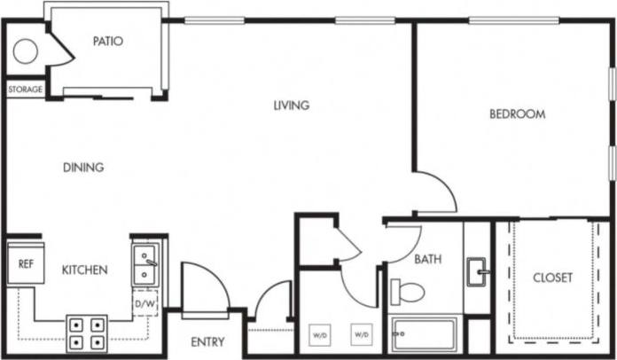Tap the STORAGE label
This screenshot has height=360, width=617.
click(25, 90)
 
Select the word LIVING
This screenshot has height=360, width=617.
click(291, 106)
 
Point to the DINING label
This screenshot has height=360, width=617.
click(83, 167)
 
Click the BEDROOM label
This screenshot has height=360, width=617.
click(517, 114)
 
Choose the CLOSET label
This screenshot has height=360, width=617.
click(552, 278)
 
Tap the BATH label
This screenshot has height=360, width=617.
click(428, 260)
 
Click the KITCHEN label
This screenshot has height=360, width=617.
click(85, 270)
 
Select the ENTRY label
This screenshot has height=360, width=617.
click(207, 342)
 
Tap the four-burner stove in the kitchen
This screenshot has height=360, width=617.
click(87, 333)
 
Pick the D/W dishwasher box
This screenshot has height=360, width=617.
click(144, 304)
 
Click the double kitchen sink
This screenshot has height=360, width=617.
click(145, 265)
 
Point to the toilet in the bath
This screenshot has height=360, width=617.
click(409, 290)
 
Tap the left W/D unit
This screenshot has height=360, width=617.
click(319, 336)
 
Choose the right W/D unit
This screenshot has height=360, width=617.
click(361, 336)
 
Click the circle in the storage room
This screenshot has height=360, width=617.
click(25, 51)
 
